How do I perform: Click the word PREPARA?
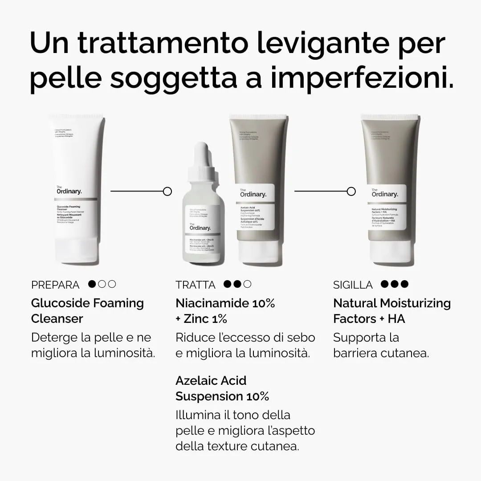55,285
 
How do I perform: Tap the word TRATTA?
196,285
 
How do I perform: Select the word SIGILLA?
353,285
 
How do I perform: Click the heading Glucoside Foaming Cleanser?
87,310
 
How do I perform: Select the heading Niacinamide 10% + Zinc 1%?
225,310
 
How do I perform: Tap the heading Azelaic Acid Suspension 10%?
222,388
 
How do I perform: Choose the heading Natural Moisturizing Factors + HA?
391,310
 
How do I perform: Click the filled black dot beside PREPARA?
93,284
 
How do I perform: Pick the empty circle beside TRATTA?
247,284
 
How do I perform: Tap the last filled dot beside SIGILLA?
404,284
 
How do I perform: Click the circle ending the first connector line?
167,191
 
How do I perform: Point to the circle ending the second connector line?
351,191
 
